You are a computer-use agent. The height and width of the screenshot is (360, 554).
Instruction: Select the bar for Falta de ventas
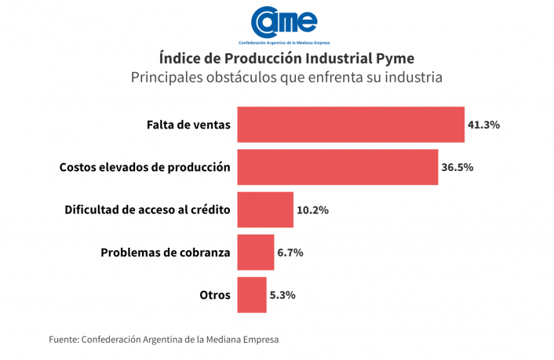(350, 125)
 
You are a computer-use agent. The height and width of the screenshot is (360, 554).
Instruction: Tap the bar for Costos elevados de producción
(337, 167)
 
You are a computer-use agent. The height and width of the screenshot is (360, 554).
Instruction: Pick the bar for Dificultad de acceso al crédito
(264, 209)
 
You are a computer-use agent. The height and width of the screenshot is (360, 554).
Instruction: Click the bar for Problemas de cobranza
(255, 253)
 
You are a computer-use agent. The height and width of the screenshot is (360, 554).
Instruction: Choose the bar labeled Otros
(251, 295)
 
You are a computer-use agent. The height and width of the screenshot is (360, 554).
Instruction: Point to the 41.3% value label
(483, 125)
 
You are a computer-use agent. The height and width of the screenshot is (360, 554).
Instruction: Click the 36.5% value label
(457, 167)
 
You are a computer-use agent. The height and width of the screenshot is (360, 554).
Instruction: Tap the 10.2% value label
(312, 210)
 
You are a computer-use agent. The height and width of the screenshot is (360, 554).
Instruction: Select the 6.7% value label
(290, 253)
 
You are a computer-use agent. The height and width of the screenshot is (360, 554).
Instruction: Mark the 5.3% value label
(282, 295)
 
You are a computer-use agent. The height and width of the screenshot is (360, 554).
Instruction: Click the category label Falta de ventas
(188, 125)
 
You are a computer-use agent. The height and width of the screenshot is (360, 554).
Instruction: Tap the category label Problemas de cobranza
(166, 253)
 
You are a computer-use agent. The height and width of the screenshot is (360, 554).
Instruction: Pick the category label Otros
(214, 295)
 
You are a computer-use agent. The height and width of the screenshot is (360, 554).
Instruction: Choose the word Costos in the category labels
(78, 167)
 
